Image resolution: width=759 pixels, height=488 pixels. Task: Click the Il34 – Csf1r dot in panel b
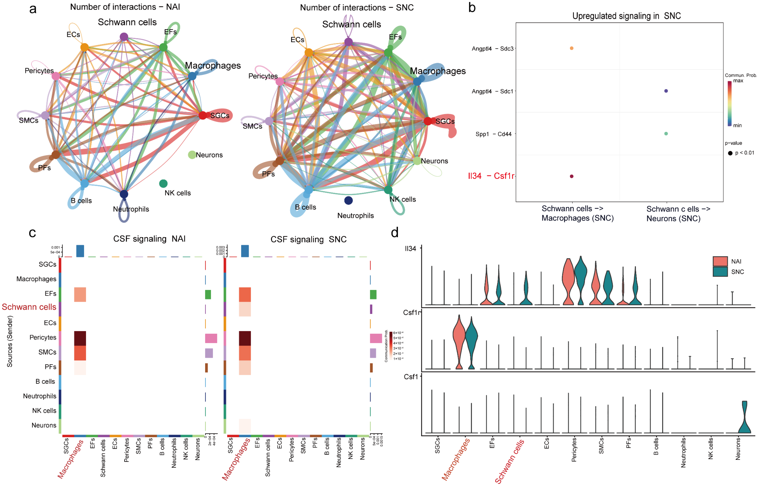pyautogui.click(x=572, y=176)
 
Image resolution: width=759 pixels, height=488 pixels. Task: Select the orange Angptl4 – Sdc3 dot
pyautogui.click(x=572, y=48)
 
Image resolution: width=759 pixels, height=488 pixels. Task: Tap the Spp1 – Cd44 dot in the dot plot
pyautogui.click(x=666, y=133)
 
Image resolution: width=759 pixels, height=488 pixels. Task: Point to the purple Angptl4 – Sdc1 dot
pyautogui.click(x=666, y=91)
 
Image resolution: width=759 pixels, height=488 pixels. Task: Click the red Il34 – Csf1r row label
pyautogui.click(x=491, y=176)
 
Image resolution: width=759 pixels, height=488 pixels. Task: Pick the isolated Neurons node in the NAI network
pyautogui.click(x=192, y=155)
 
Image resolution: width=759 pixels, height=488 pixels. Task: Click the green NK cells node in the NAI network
pyautogui.click(x=163, y=184)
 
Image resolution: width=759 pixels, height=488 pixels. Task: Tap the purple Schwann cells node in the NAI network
pyautogui.click(x=124, y=37)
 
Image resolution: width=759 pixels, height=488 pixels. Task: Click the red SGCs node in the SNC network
pyautogui.click(x=428, y=121)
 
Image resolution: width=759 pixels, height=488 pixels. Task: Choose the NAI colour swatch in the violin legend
pyautogui.click(x=720, y=261)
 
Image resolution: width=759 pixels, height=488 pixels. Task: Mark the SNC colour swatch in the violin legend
pyautogui.click(x=720, y=272)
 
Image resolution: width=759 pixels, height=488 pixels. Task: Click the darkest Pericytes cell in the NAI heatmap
pyautogui.click(x=80, y=338)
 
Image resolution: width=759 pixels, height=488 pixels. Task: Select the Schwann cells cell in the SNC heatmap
pyautogui.click(x=245, y=309)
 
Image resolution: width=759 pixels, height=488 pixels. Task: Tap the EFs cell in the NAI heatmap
pyautogui.click(x=80, y=294)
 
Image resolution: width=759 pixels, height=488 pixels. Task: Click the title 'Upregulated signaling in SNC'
pyautogui.click(x=626, y=16)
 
